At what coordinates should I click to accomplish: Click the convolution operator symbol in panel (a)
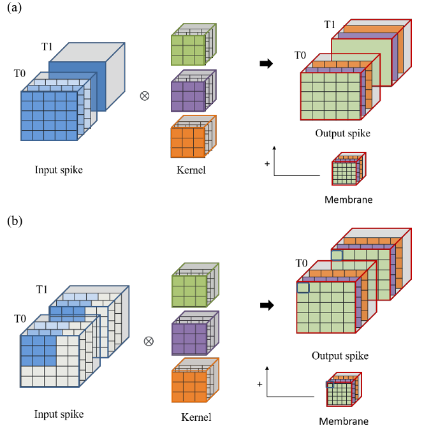pos(144,97)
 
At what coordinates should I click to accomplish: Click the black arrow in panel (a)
pos(267,64)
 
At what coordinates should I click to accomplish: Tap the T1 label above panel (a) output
pos(330,24)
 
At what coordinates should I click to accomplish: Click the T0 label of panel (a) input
pos(20,75)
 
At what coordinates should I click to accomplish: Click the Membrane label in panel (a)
pos(348,200)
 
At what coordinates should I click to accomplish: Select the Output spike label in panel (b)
pos(340,355)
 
